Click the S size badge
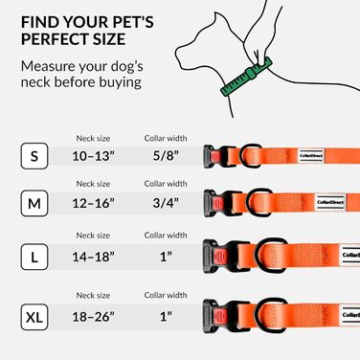click(34, 156)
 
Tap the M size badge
click(34, 203)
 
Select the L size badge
click(34, 257)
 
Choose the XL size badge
click(34, 317)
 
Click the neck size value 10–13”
click(93, 156)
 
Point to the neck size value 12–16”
click(93, 203)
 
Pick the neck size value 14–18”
click(93, 257)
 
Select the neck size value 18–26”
click(93, 317)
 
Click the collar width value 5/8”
click(166, 156)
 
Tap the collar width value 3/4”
click(166, 203)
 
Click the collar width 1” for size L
click(166, 257)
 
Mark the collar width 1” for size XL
click(166, 317)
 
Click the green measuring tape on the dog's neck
click(247, 76)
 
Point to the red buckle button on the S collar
click(215, 156)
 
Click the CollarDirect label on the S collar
click(311, 156)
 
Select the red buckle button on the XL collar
click(220, 316)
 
